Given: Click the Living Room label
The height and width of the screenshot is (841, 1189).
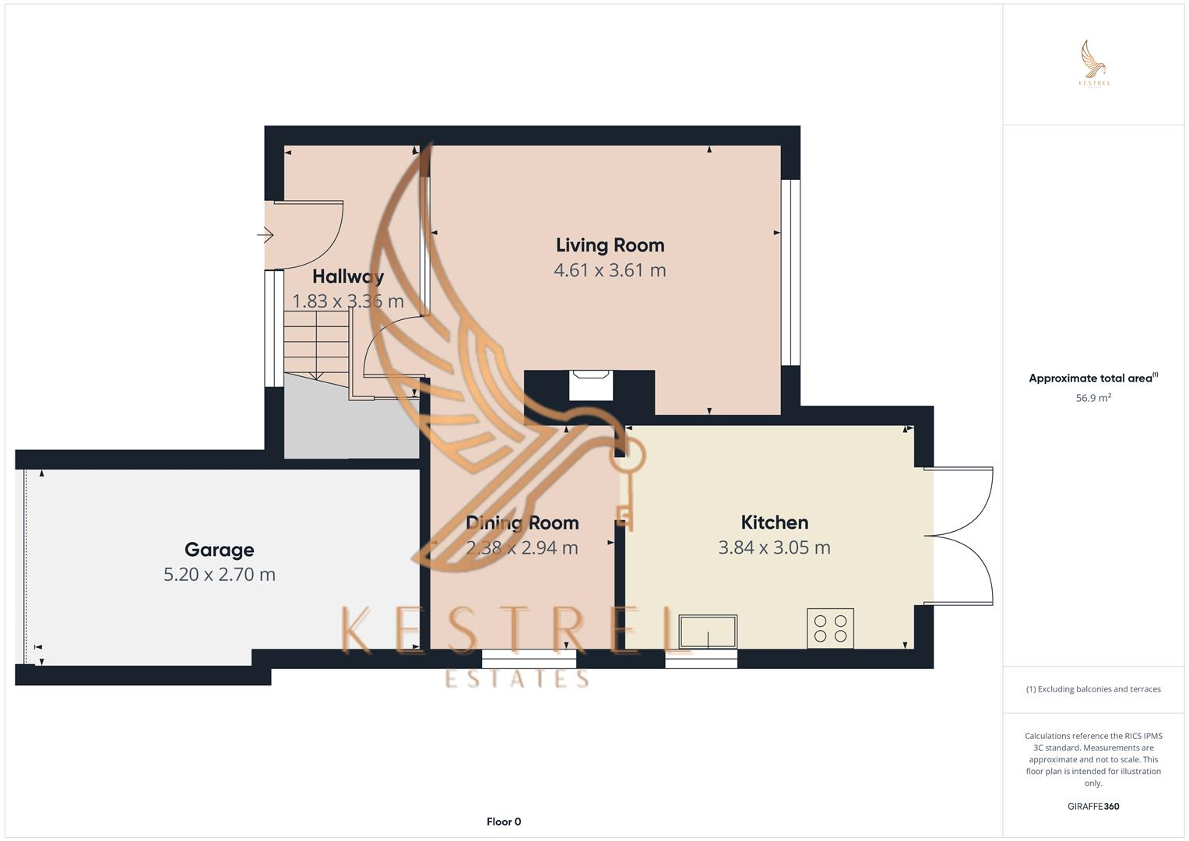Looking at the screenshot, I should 610,245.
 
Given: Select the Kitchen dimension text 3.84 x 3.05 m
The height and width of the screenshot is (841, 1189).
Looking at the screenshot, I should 774,547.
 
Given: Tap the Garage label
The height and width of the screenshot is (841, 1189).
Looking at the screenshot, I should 219,550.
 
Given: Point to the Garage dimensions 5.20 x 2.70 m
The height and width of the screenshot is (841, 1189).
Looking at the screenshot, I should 219,575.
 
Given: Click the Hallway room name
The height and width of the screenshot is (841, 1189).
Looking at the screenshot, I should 347,276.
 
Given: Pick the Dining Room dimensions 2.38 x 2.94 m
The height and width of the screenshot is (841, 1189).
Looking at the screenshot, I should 522,547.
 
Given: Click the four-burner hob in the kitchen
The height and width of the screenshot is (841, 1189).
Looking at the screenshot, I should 830,628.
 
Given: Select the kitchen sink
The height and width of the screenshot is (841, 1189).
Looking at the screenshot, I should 708,631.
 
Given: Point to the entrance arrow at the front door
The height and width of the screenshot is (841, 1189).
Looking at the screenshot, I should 266,234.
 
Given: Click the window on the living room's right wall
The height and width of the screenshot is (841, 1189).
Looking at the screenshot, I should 790,273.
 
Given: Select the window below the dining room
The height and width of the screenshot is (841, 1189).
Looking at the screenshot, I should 529,660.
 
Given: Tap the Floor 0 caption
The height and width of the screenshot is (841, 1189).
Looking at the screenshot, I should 504,822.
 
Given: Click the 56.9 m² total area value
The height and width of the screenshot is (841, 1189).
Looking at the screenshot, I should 1093,398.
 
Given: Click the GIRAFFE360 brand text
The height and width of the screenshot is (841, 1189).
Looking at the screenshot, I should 1093,806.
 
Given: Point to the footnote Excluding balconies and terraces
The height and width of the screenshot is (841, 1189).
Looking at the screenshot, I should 1093,689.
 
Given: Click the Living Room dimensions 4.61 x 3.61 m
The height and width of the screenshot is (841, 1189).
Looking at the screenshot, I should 610,270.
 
